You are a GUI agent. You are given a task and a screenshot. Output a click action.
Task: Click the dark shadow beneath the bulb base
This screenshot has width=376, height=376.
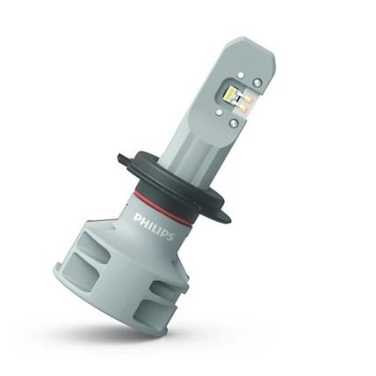150,339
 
